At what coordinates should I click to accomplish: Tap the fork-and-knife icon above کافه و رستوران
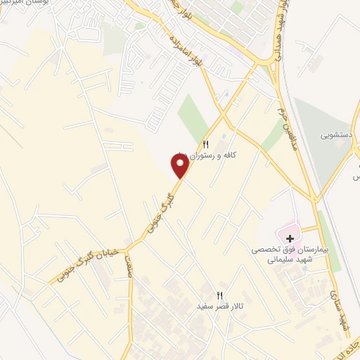(x=206, y=143)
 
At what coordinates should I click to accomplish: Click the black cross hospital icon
(x=290, y=238)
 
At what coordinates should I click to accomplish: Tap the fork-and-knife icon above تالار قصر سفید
(x=219, y=295)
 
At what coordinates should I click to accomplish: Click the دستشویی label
(x=337, y=131)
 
